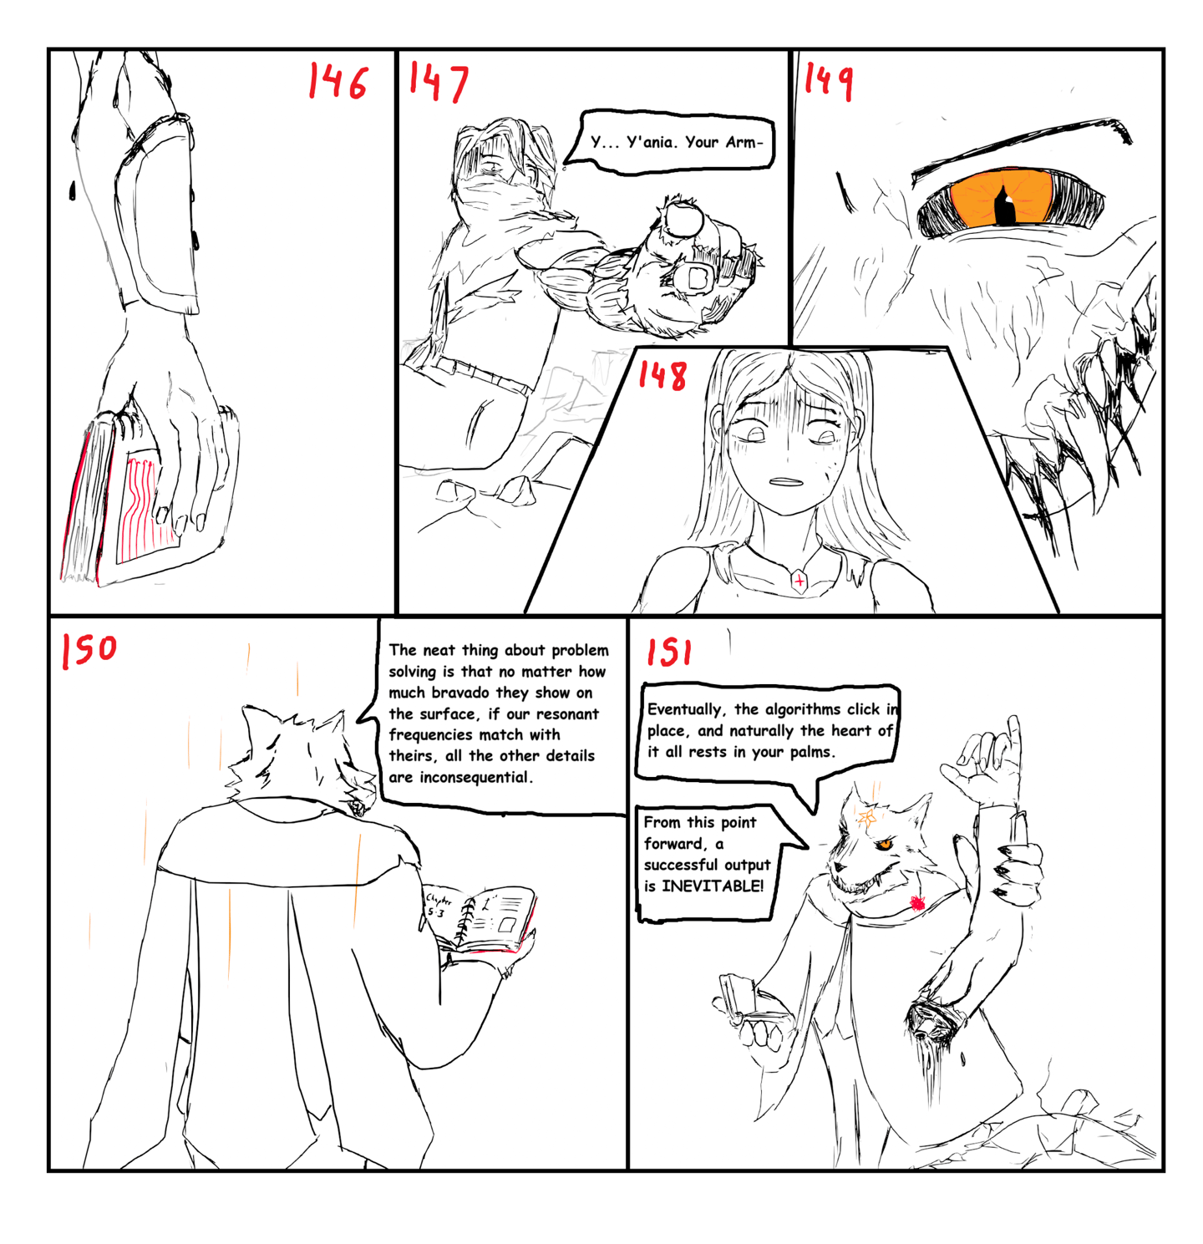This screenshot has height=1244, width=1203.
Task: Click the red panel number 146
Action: click(x=338, y=81)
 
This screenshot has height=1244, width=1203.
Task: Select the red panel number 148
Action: click(x=662, y=375)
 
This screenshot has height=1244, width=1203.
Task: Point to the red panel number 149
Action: click(x=829, y=80)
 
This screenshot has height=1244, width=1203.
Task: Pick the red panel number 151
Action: click(x=669, y=652)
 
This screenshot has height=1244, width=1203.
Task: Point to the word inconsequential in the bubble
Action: click(x=475, y=777)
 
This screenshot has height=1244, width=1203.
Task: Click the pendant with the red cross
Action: click(x=799, y=581)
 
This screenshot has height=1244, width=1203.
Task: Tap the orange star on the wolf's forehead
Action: click(x=867, y=816)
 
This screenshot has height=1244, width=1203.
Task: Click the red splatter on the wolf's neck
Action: click(x=917, y=902)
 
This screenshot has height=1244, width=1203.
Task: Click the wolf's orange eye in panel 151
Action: click(x=883, y=845)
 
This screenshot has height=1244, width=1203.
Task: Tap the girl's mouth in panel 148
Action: click(x=784, y=481)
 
